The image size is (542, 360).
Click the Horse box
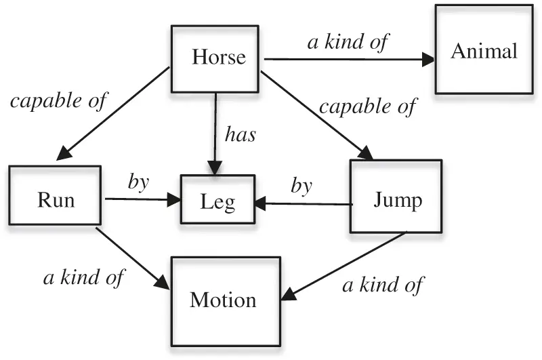coord(215,59)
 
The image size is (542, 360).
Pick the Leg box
coord(217,200)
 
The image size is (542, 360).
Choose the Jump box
coord(396,200)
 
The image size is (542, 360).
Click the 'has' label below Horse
coord(240,134)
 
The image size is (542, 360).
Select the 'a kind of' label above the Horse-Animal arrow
coord(348,41)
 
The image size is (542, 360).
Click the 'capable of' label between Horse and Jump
coord(368,106)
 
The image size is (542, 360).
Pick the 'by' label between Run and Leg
coord(138,183)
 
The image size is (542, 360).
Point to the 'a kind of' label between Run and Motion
coord(85,277)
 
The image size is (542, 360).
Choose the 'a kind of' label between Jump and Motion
coord(382,284)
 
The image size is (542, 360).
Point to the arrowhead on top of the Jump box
coord(367,154)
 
